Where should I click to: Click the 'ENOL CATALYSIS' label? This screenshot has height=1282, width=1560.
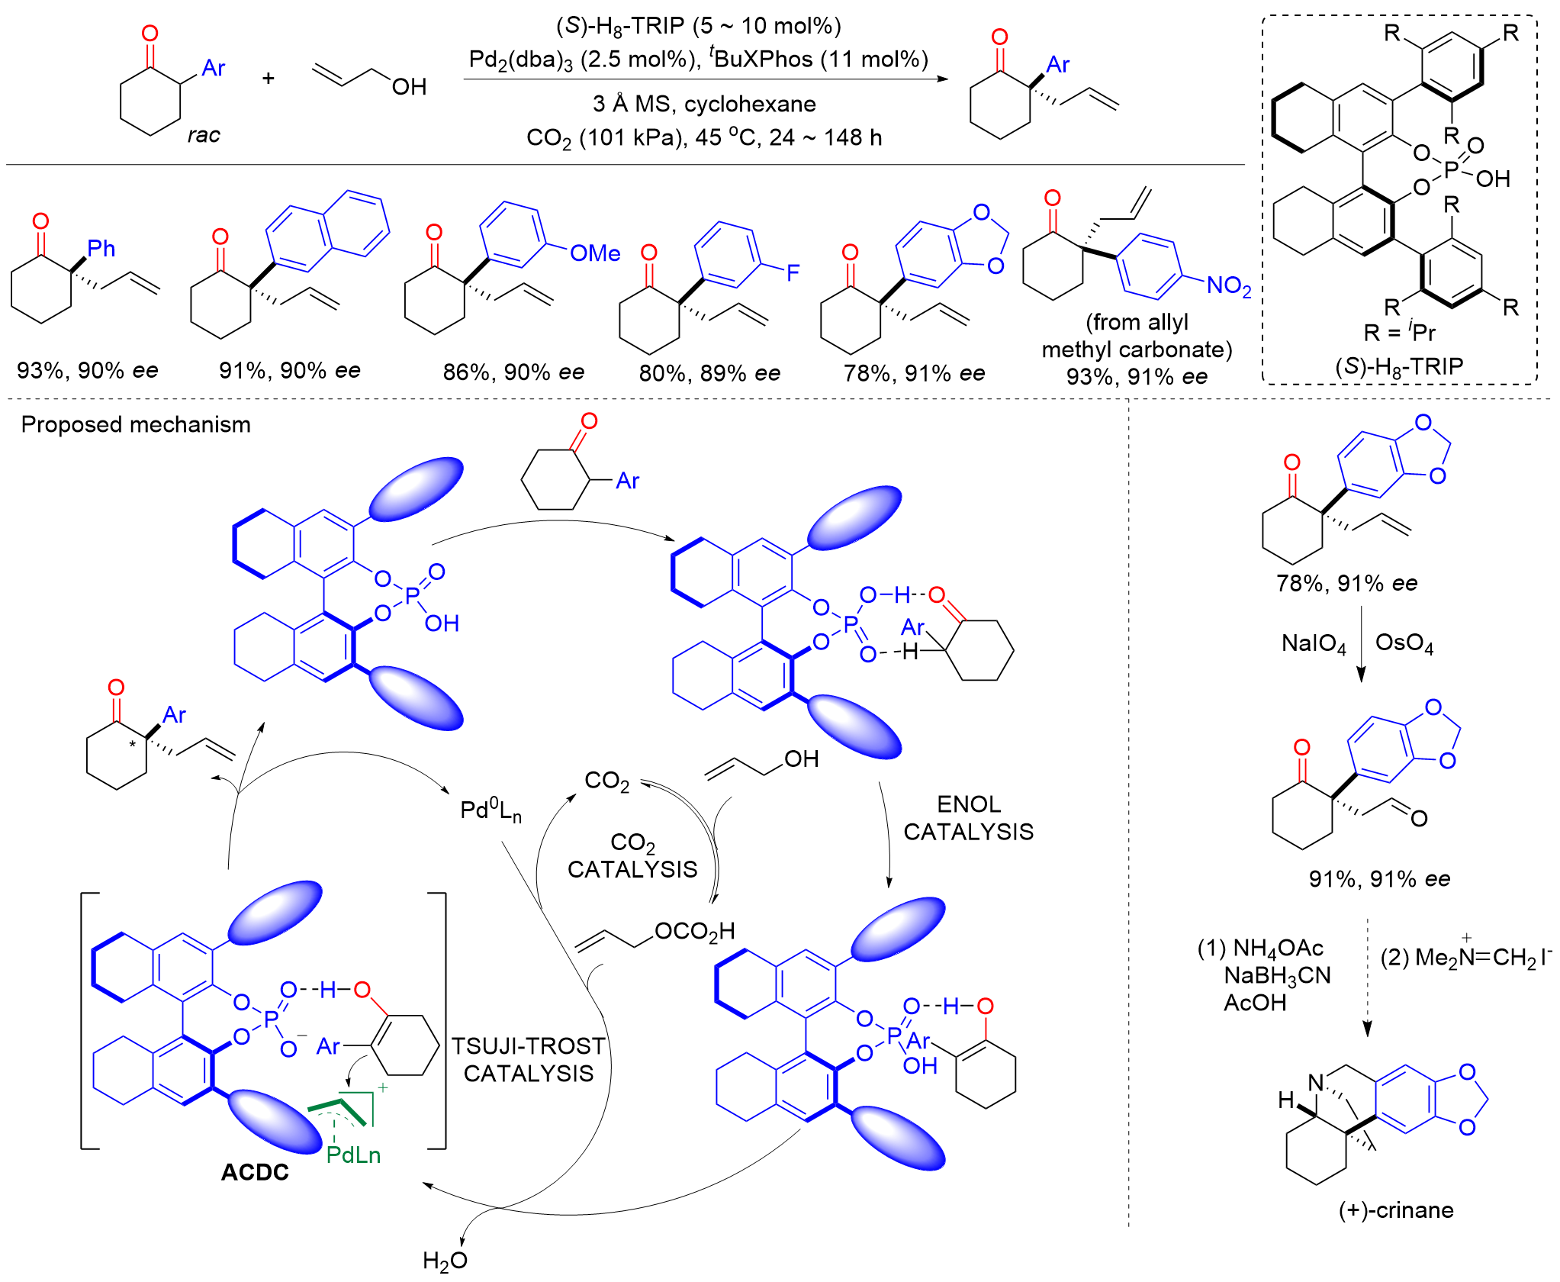(x=968, y=817)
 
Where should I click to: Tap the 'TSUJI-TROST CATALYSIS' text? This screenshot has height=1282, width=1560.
(x=528, y=1059)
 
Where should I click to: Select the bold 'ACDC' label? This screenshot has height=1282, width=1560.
(x=255, y=1171)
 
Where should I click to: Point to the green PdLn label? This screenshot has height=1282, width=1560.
(x=353, y=1155)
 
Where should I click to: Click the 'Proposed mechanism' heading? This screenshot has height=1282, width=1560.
(x=136, y=424)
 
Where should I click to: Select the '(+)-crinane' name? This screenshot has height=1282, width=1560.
(x=1396, y=1210)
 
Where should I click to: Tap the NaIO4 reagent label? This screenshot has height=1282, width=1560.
(x=1314, y=643)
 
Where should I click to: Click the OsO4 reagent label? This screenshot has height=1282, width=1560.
(x=1404, y=643)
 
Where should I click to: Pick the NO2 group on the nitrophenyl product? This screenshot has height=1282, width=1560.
(x=1229, y=286)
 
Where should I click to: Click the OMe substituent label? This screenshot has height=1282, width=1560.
(x=595, y=253)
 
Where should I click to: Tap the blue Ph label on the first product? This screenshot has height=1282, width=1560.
(x=101, y=248)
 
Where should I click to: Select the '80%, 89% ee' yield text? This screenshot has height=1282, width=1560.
(x=709, y=373)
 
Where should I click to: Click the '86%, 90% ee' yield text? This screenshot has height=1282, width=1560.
(x=513, y=372)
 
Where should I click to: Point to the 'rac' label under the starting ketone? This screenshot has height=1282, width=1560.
(x=204, y=135)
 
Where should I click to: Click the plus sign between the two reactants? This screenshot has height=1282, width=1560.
(x=269, y=78)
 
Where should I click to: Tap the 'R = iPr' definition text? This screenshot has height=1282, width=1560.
(x=1399, y=332)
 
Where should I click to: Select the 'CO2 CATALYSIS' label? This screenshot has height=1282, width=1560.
(x=632, y=855)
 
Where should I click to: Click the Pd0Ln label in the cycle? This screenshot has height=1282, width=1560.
(x=491, y=810)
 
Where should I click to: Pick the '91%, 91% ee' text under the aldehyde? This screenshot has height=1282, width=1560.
(x=1379, y=878)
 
